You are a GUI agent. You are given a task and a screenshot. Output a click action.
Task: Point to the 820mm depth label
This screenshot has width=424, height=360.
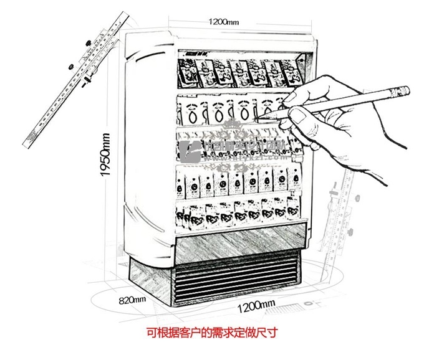(132, 300)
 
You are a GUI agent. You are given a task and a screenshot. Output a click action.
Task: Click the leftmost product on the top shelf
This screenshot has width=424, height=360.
(186, 73)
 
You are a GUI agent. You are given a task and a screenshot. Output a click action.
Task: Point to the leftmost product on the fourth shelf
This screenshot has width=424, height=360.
(186, 181)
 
